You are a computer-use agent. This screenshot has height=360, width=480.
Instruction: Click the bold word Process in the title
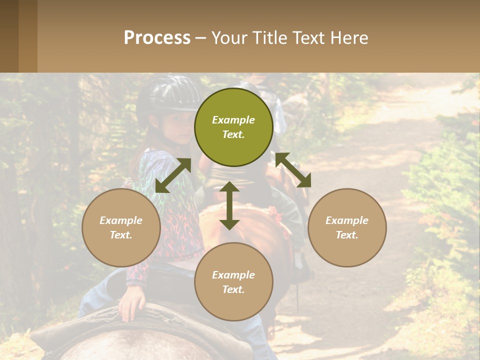[x=157, y=38]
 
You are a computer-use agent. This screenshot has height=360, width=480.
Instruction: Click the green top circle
[x=233, y=127]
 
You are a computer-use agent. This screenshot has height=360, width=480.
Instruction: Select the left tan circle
[x=121, y=227]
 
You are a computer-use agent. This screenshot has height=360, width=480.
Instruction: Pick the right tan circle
[x=347, y=227]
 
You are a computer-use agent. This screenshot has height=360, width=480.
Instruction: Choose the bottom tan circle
[x=233, y=282]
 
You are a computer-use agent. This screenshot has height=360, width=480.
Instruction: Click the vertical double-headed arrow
[x=229, y=205]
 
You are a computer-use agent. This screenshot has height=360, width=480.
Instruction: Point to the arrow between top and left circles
[x=173, y=175]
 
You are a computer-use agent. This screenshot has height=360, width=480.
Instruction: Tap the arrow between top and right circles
[x=293, y=170]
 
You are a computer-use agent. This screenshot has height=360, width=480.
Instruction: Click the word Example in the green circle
[x=233, y=120]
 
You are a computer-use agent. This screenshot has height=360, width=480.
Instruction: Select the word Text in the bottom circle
[x=233, y=289]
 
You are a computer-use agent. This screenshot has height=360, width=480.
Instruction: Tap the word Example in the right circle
[x=347, y=220]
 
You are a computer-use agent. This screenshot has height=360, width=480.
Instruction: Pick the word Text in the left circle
[x=121, y=235]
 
